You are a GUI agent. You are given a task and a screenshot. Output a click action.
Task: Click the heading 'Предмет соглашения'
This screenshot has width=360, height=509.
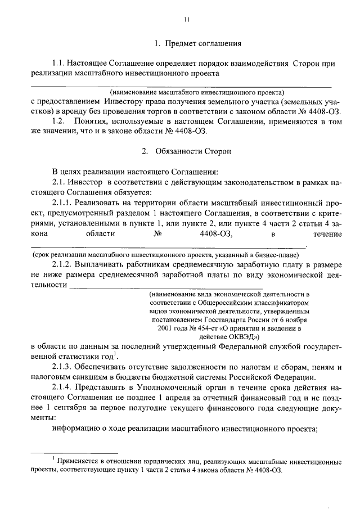click(x=201, y=43)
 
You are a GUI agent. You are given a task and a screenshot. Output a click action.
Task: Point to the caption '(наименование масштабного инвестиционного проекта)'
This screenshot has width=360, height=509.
click(x=197, y=91)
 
